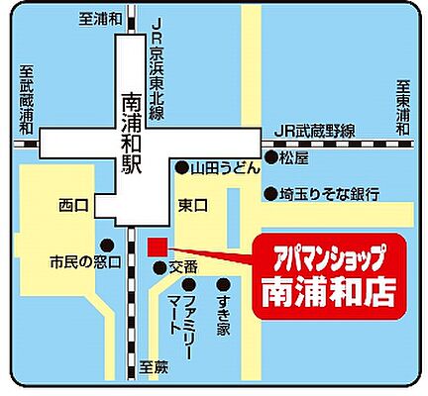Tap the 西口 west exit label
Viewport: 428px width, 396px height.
tap(73, 206)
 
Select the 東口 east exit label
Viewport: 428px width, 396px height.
tap(191, 206)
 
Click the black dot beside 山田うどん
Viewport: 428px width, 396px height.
tap(182, 168)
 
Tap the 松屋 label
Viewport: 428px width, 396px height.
tap(294, 157)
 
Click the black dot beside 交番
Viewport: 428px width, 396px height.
tap(159, 267)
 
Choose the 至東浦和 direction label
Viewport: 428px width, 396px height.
tap(402, 108)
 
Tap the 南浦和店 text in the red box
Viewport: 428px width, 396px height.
tap(327, 292)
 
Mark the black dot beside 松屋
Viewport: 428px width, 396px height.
tap(270, 158)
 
